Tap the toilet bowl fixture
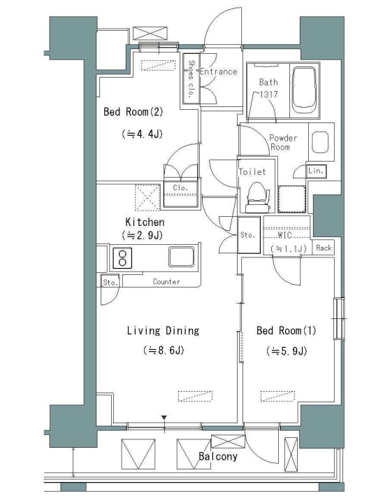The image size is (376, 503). coord(257,197)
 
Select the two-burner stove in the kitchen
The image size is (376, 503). coord(122,258)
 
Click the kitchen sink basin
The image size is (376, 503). coord(182,257)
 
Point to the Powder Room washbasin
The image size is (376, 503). coord(320,142)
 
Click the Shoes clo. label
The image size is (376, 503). coord(191,79)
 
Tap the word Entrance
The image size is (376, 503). coord(218,71)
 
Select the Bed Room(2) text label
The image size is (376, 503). coord(133,112)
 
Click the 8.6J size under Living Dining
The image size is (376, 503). coord(164,350)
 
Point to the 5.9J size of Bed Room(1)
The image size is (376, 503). coord(287,351)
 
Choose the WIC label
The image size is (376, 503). coord(284,235)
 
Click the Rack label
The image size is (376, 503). coord(324,248)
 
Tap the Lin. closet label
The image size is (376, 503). coord(316,171)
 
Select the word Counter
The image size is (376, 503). coord(166,282)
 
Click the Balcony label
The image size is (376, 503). coord(218,456)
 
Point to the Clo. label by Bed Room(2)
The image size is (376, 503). coord(180,187)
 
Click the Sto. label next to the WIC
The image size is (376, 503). coord(248,235)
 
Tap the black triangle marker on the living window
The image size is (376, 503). coord(164,418)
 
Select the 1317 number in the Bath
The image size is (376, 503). coord(268,94)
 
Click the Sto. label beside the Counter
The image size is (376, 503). coord(110,283)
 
